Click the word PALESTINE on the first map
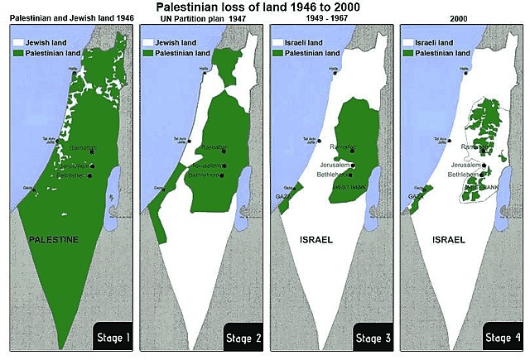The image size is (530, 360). click(54, 239)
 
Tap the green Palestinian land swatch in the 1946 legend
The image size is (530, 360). click(19, 51)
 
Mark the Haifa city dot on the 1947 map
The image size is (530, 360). click(204, 73)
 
